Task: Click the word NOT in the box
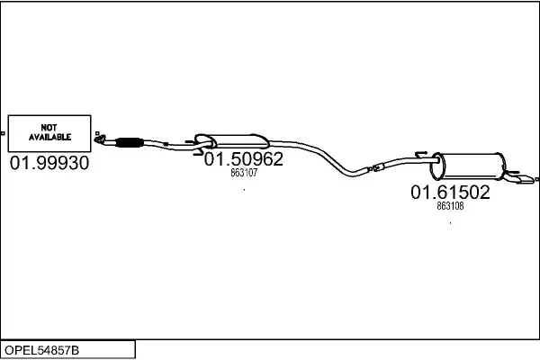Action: (49, 128)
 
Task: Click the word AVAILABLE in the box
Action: (49, 137)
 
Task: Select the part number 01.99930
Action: (49, 163)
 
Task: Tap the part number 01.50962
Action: (244, 159)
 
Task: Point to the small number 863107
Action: (244, 173)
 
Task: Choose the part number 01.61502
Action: (450, 193)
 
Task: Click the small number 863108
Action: (450, 206)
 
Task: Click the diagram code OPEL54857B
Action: (41, 350)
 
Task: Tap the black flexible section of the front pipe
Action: (129, 142)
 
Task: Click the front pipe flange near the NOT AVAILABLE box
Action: (100, 139)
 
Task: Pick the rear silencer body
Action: (468, 166)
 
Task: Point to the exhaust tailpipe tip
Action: (526, 179)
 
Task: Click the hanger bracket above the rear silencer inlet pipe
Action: (421, 154)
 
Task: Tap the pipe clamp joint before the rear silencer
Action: (378, 167)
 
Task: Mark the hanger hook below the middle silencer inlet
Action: (199, 153)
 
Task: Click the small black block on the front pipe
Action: (166, 144)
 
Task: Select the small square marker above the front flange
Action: (97, 133)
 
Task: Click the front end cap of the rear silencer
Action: (437, 166)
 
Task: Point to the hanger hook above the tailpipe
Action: (511, 172)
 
